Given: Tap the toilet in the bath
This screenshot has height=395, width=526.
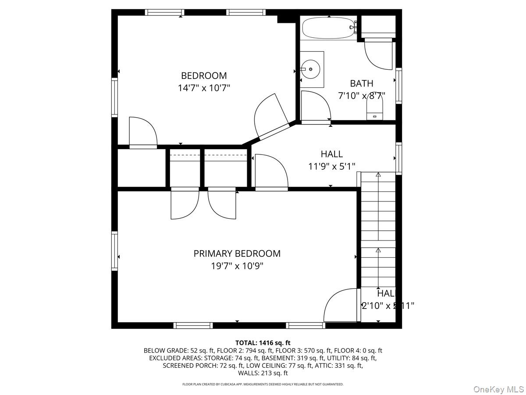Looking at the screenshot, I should (x=375, y=108).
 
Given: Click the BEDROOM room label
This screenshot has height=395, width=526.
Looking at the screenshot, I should (x=204, y=75).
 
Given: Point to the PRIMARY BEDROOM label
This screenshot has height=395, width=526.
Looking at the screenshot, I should (x=237, y=253).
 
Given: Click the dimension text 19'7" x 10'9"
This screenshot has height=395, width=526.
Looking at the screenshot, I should (x=237, y=266).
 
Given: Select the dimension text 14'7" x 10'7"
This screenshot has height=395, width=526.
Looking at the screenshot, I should (x=204, y=88).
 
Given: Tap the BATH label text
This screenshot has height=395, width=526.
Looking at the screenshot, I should (x=362, y=83).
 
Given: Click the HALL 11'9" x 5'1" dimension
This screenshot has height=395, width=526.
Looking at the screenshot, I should (x=331, y=166).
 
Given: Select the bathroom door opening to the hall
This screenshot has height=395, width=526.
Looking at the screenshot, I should (x=316, y=107).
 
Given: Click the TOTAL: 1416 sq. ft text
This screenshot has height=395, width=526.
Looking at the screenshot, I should (x=263, y=343).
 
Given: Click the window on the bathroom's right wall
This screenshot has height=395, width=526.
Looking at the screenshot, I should (x=398, y=86).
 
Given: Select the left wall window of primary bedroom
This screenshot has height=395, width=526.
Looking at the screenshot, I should (x=115, y=251).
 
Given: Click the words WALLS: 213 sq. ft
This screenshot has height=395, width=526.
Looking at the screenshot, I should (x=263, y=373).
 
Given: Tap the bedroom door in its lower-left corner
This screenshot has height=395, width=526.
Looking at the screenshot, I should (x=143, y=133).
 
